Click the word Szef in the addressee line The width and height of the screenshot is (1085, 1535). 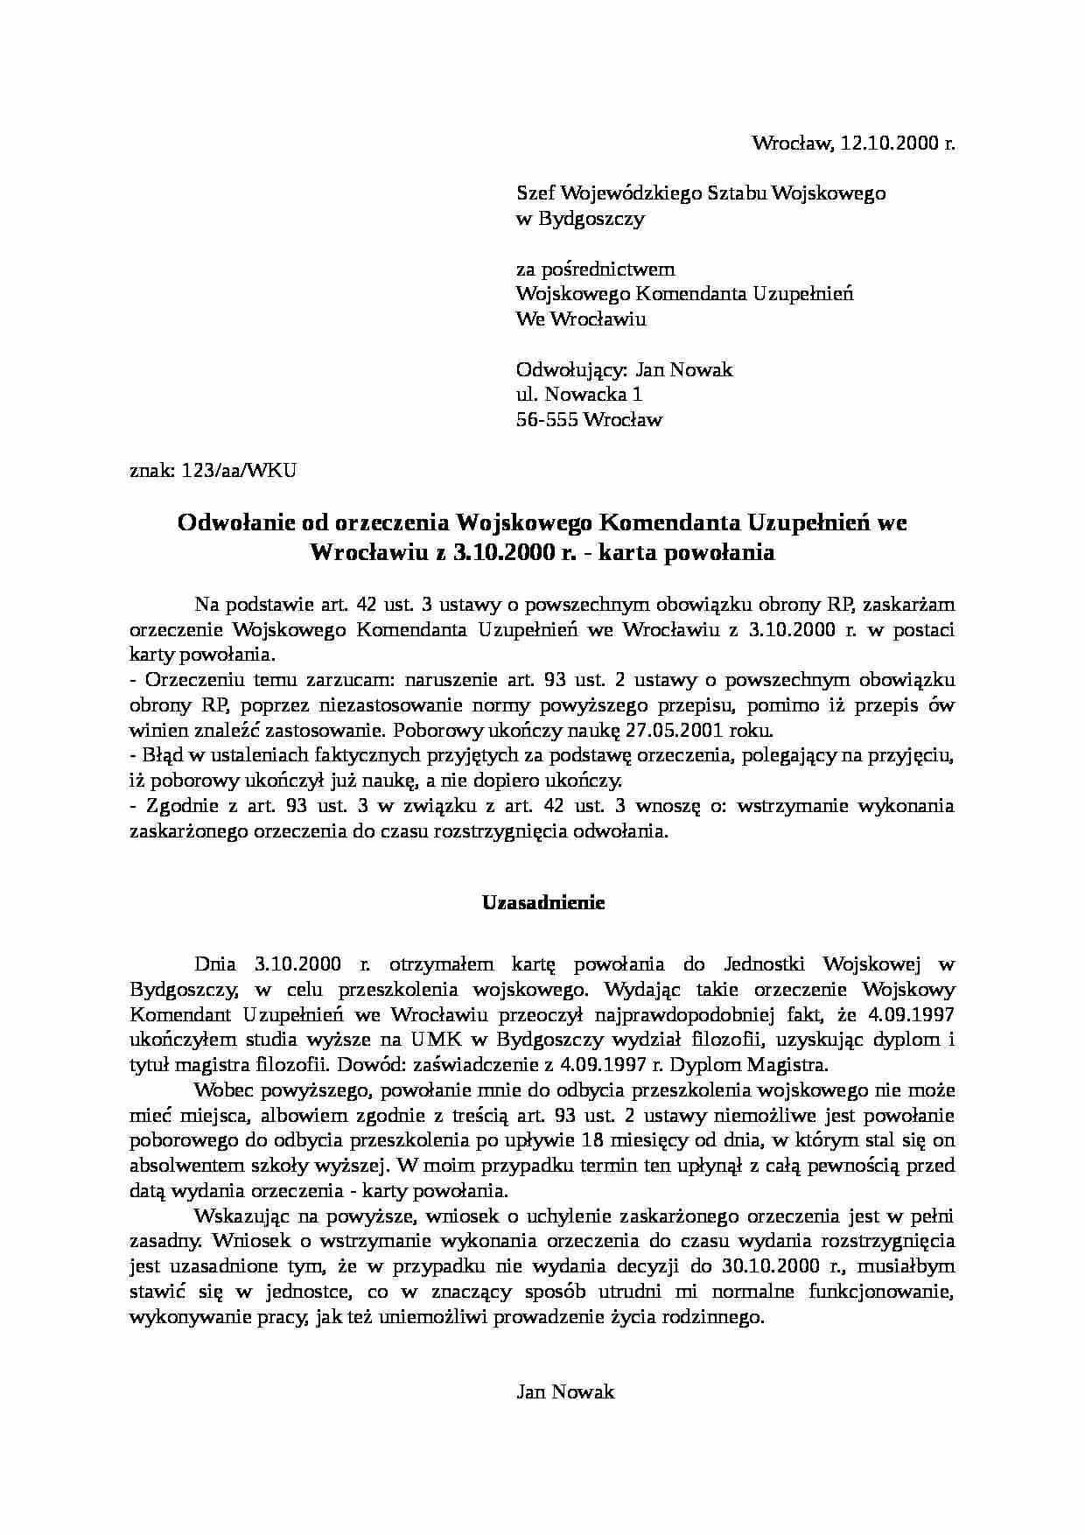point(535,193)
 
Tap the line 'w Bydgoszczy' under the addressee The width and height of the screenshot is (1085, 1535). point(580,219)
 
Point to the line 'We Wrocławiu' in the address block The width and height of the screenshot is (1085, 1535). point(581,319)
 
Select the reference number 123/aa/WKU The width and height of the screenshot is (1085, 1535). point(239,471)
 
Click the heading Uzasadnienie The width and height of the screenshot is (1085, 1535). point(543,903)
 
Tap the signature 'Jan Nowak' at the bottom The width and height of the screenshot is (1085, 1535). point(565,1392)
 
